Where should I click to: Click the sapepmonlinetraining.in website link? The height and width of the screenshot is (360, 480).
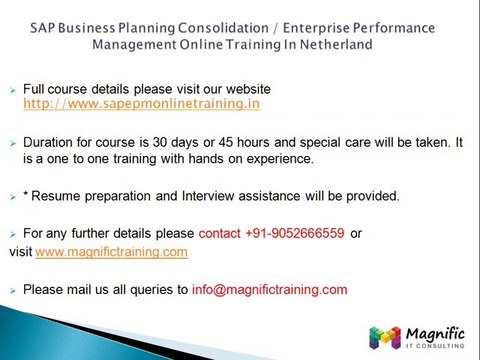coord(141,104)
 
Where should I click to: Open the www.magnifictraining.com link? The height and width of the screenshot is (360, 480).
coord(111,252)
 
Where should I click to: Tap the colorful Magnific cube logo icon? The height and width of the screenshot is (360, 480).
coord(384,337)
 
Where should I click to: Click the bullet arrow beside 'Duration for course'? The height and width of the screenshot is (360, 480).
coord(12,144)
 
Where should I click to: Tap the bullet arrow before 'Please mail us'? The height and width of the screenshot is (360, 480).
coord(12,291)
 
